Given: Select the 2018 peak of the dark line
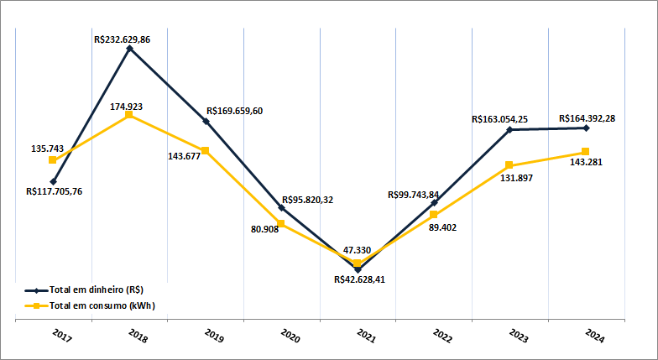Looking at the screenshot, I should tap(129, 49).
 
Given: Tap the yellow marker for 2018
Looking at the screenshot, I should tap(129, 114).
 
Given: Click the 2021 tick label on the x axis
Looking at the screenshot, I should tap(363, 337).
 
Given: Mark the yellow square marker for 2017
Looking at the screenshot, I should tap(53, 159).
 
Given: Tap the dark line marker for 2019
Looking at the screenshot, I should tap(206, 121).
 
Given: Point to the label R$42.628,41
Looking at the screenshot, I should tap(359, 279).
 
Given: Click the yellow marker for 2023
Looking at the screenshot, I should tap(509, 165).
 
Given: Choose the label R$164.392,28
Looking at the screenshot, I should tap(587, 118).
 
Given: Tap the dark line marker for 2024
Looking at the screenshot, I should tap(586, 128).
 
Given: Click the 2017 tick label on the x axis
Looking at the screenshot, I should tap(60, 337).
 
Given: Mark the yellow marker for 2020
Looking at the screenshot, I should tap(281, 223).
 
